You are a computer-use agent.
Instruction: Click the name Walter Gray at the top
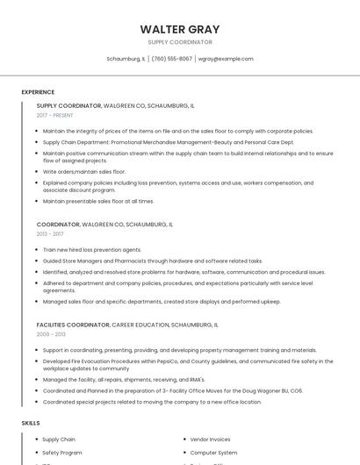tap(179, 29)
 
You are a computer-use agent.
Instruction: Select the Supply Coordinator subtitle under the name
tap(179, 42)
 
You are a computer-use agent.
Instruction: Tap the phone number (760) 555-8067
tap(171, 59)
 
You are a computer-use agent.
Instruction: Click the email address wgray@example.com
tap(226, 59)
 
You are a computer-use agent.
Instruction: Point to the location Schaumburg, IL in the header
tap(126, 59)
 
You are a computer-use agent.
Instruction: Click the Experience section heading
tap(38, 92)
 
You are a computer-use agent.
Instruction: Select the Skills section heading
tap(31, 423)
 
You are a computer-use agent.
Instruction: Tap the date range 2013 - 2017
tap(50, 234)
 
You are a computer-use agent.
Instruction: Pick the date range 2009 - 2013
tap(51, 334)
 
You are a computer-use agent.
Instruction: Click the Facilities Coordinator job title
tap(74, 325)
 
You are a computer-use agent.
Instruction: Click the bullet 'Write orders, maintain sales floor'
tap(84, 172)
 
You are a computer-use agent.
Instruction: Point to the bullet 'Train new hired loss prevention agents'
tap(92, 249)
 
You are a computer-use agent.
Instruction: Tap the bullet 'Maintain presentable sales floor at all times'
tap(98, 201)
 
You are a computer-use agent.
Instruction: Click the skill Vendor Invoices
tap(210, 439)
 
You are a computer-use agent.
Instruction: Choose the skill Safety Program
tap(62, 453)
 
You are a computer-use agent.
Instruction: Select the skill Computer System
tap(213, 453)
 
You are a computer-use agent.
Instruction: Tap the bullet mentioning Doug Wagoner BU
tap(173, 390)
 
